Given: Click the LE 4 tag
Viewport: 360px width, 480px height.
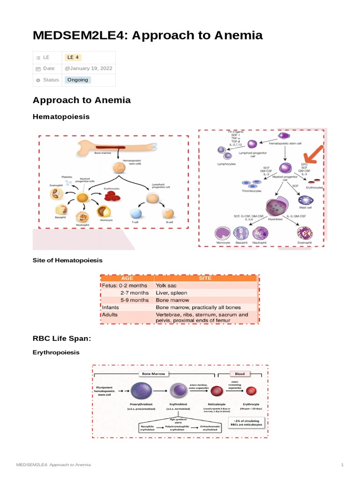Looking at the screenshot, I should [x=73, y=57].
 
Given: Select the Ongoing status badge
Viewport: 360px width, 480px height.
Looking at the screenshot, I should [x=77, y=80].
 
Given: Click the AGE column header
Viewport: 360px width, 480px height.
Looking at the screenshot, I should [x=127, y=278].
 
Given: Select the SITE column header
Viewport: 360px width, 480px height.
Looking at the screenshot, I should [x=205, y=278].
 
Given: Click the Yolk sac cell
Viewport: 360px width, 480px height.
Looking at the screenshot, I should [x=167, y=285].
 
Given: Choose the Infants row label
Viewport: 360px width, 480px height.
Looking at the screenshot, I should [x=110, y=307].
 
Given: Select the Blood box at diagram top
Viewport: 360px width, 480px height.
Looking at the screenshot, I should [x=240, y=374].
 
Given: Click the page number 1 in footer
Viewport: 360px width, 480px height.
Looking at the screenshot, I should [x=342, y=465].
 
